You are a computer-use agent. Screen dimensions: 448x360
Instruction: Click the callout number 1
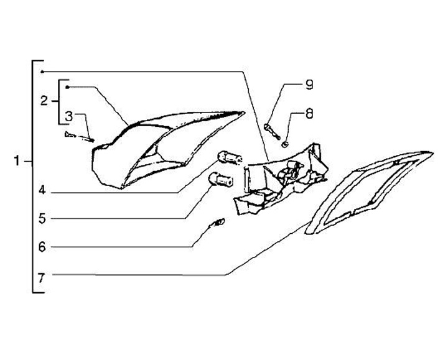pos(19,162)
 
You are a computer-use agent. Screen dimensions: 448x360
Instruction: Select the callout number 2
pos(44,99)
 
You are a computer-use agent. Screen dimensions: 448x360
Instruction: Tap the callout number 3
pos(70,116)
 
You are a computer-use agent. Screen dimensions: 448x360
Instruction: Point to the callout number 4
pos(42,191)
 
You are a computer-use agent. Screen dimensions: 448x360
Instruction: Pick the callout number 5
pos(42,218)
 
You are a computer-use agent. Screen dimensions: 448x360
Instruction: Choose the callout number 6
pos(42,247)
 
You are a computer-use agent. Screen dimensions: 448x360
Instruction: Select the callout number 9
pos(309,86)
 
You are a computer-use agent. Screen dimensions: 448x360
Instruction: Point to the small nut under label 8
pos(284,145)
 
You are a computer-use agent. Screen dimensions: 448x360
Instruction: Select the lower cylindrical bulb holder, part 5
pos(221,180)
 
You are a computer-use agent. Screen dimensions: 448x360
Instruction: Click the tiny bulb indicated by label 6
pos(218,223)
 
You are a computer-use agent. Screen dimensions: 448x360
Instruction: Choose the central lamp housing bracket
pos(280,177)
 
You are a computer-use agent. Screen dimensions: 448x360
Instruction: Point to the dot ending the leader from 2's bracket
pos(67,87)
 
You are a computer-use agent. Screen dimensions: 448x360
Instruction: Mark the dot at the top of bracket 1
pos(42,72)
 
